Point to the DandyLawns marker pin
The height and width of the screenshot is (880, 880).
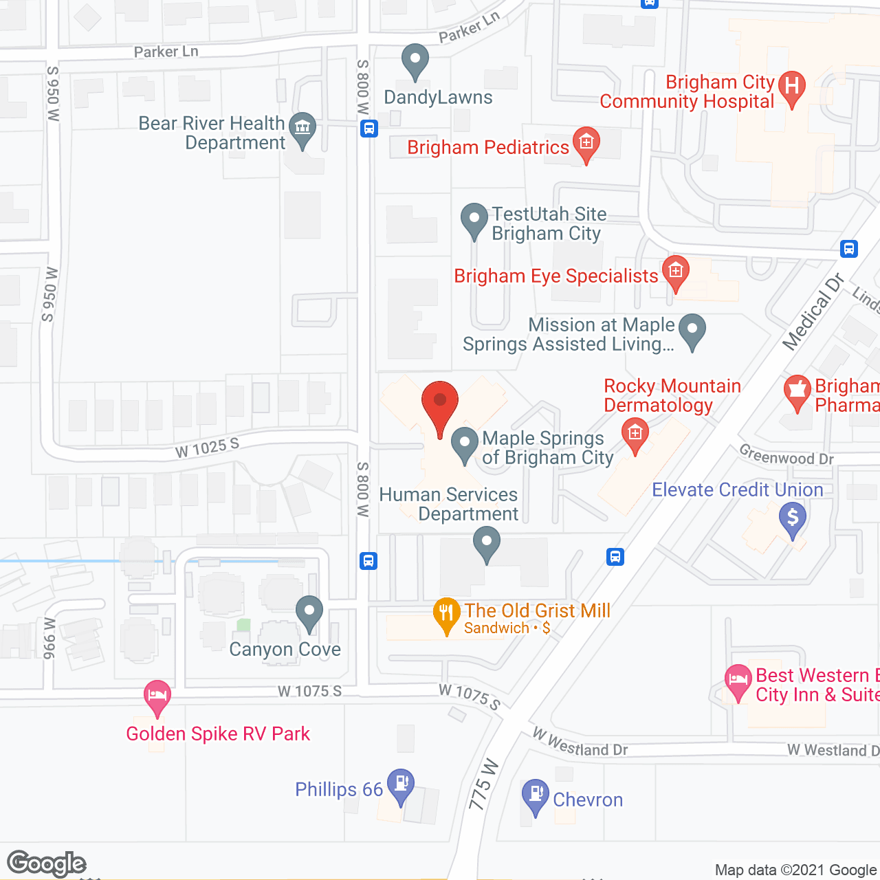415,60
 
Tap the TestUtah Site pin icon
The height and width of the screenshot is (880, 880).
474,220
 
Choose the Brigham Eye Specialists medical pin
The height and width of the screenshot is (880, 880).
675,273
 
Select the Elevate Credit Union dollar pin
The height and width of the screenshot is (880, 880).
793,518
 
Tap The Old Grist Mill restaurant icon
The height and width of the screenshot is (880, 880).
447,615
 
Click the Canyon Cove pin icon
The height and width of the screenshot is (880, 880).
309,613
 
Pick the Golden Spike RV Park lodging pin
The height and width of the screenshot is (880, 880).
157,697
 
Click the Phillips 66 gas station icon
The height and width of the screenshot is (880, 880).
400,786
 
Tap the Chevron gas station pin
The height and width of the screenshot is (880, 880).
535,796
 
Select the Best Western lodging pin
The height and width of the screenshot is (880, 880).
738,682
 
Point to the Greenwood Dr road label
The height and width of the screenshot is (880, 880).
786,454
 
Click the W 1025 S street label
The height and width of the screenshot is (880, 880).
207,448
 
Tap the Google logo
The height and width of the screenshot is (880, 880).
47,863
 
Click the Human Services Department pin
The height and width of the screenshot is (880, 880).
487,544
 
